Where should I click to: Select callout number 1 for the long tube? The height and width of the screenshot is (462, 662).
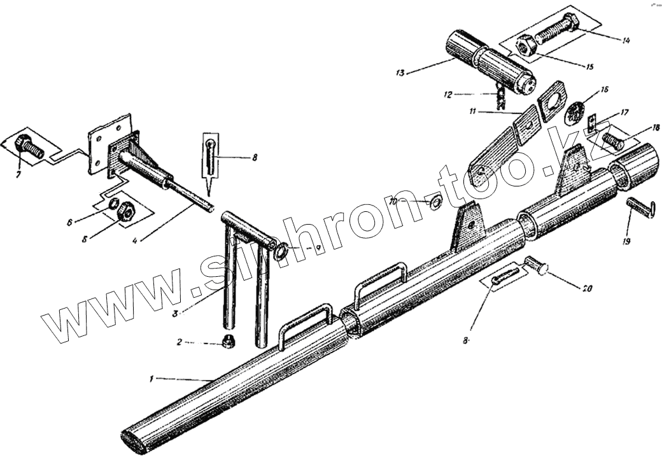(151, 379)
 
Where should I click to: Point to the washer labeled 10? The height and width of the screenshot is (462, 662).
(437, 203)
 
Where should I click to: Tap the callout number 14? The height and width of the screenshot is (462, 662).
(626, 41)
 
